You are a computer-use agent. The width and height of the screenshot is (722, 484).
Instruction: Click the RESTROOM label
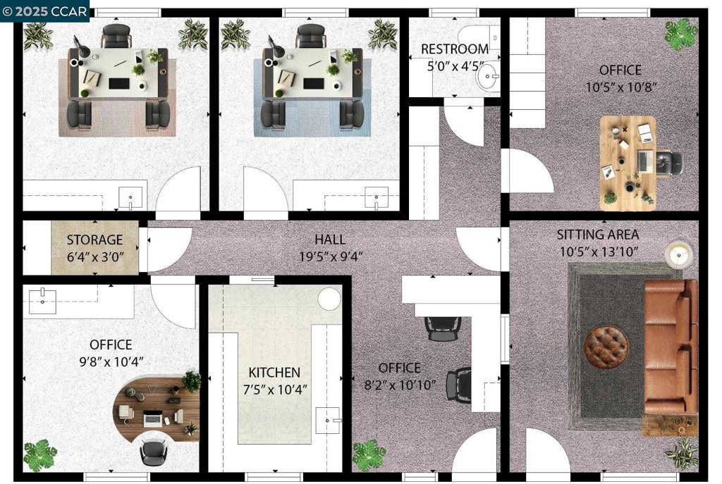pyautogui.click(x=455, y=49)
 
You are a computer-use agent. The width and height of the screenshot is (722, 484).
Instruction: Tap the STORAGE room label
pyautogui.click(x=95, y=240)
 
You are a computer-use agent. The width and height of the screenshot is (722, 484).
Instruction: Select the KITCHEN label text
pyautogui.click(x=274, y=372)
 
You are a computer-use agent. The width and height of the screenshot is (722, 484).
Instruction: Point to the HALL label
pyautogui.click(x=330, y=240)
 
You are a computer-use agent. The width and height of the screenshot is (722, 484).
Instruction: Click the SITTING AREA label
pyautogui.click(x=598, y=235)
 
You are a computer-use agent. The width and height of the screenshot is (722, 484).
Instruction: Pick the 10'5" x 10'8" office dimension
pyautogui.click(x=620, y=87)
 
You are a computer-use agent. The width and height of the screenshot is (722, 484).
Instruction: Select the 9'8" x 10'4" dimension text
pyautogui.click(x=111, y=361)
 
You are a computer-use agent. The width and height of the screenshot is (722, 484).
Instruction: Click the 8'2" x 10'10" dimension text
pyautogui.click(x=400, y=385)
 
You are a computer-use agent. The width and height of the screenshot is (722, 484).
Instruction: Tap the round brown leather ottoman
pyautogui.click(x=606, y=347)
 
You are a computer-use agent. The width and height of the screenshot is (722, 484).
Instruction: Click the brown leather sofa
pyautogui.click(x=670, y=347)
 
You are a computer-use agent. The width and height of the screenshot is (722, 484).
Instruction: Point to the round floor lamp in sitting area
pyautogui.click(x=679, y=254)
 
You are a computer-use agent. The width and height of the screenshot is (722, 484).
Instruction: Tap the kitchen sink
pyautogui.click(x=328, y=420)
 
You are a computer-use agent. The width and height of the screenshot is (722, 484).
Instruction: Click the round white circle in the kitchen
pyautogui.click(x=330, y=299)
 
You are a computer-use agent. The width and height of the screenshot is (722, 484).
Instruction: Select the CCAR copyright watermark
pyautogui.click(x=44, y=11)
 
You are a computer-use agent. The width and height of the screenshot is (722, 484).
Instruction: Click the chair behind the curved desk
pyautogui.click(x=152, y=452)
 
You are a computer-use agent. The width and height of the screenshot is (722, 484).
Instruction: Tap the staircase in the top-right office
pyautogui.click(x=527, y=73)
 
